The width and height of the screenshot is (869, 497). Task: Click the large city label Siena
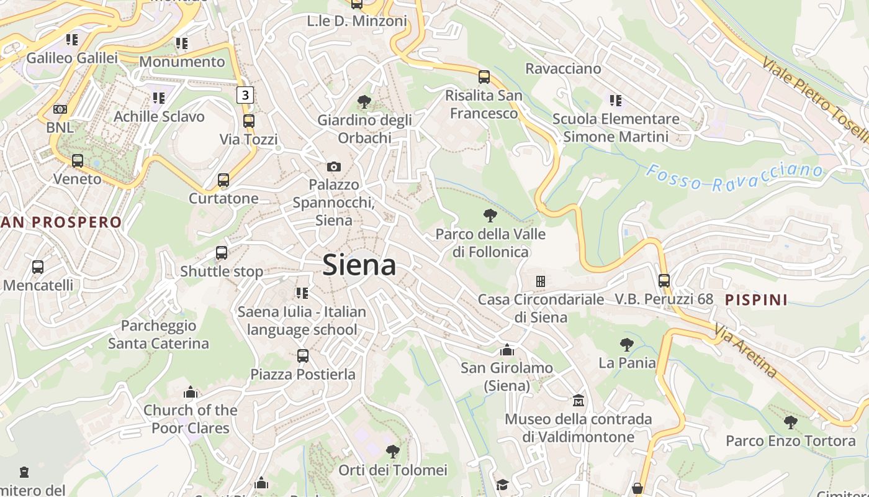pos(359,265)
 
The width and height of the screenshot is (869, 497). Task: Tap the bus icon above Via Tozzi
pos(249,121)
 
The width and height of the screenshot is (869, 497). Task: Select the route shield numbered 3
pos(245,95)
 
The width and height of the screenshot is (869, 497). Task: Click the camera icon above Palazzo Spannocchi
pos(334,166)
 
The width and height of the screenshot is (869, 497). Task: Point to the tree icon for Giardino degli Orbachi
pos(364,101)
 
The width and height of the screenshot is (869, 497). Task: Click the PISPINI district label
pos(757,300)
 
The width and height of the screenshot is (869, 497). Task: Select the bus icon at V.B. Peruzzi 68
pos(664,280)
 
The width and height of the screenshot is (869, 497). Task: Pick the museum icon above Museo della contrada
pos(579,401)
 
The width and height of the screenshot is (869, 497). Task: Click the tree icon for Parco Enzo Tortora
pos(790,422)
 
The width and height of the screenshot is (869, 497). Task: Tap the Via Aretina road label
pos(745,349)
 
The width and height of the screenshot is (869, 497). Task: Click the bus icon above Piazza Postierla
pos(303,356)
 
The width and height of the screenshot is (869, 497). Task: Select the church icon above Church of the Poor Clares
pos(191,392)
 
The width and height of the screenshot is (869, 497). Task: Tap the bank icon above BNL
pos(60,109)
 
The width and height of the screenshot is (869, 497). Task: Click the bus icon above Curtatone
pos(223,180)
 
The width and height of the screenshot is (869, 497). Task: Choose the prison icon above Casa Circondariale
pos(541,281)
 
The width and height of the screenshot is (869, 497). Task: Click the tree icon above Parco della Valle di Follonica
pos(490,216)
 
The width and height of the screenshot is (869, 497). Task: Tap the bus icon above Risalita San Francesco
pos(484,77)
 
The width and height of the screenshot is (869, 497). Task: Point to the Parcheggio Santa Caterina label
pos(159,334)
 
